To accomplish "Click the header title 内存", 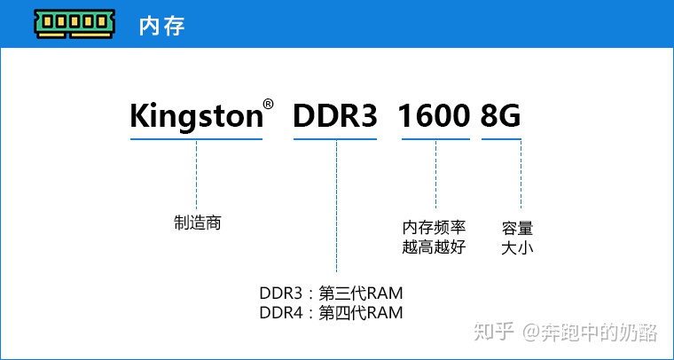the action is point(161,25).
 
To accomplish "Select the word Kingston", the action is point(195,116).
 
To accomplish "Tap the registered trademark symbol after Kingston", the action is point(268,105).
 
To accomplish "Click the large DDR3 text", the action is point(335,115).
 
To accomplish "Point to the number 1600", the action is point(434,115).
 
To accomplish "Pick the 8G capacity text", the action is point(500,115).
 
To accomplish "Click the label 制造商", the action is point(197,223).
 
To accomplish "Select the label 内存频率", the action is point(434,228).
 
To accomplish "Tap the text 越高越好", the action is point(434,247).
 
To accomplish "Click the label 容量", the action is point(517,228).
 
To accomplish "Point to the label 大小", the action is point(517,247).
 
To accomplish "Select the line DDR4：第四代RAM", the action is point(331,312).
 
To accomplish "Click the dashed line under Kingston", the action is point(196,174).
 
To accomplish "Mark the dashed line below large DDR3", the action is point(336,204).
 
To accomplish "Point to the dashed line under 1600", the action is point(435,174).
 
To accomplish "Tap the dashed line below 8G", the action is point(521,174).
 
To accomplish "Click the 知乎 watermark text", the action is point(494,333).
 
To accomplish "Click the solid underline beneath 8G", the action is point(501,138).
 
